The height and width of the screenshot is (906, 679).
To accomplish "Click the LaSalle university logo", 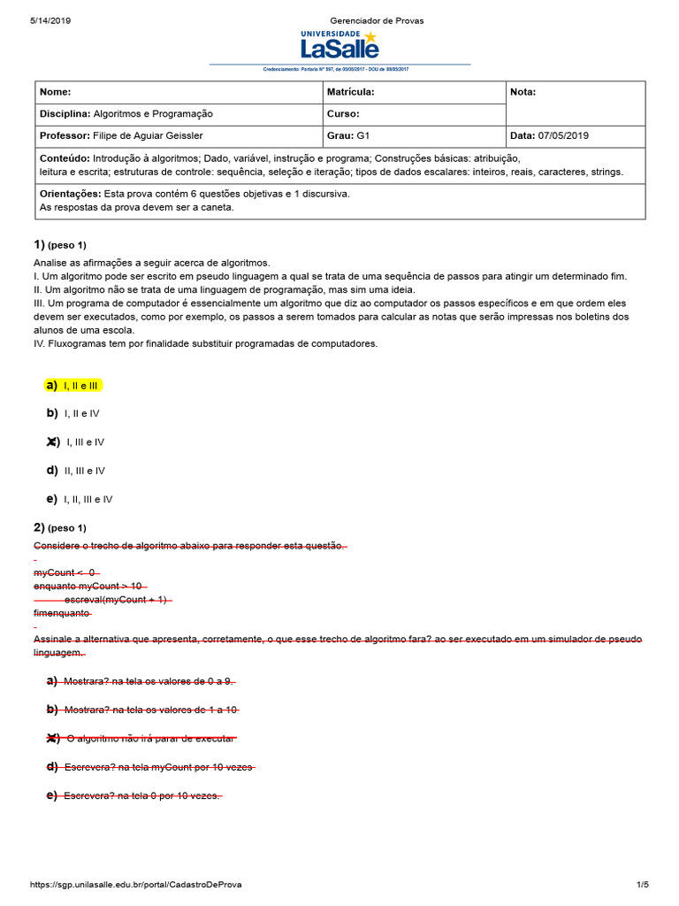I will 339,43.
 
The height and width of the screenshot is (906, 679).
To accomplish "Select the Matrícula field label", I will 351,92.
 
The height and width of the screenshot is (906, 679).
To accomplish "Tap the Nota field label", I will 523,92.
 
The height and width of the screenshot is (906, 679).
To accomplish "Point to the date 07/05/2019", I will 564,136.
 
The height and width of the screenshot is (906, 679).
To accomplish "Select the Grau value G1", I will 362,136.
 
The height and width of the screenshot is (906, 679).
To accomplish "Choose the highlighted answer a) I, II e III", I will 74,386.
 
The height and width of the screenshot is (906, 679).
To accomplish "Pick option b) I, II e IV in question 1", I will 73,413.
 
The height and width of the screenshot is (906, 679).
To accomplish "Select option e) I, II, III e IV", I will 80,499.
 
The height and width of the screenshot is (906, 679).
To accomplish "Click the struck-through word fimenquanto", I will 62,613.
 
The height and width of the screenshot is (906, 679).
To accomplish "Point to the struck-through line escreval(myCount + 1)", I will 117,600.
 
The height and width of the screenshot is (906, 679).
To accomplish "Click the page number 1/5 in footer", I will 642,885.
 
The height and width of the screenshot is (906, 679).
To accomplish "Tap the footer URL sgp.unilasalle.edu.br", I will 136,885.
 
